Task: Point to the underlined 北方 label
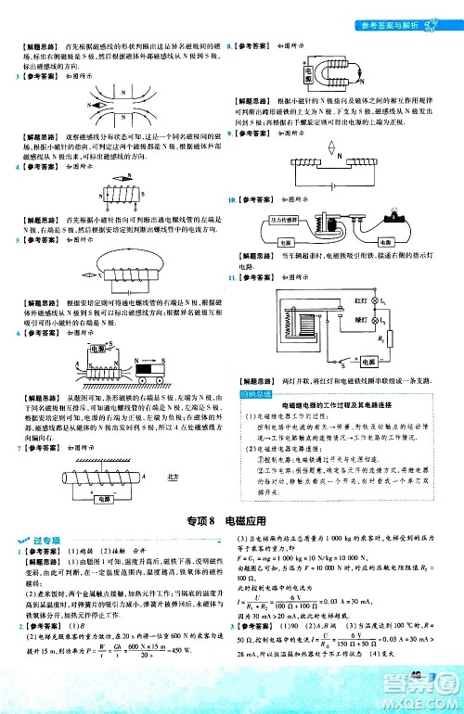point(172,503)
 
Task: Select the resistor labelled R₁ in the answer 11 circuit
point(416,339)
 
